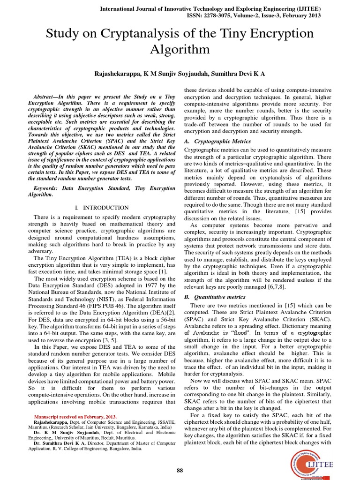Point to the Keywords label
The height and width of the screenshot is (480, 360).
point(48,187)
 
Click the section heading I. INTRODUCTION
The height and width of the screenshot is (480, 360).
point(102,208)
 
